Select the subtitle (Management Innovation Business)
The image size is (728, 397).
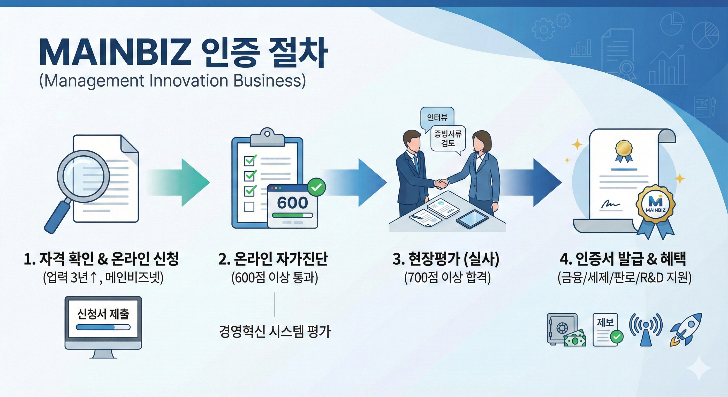172,81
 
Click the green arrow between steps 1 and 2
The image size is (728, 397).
184,182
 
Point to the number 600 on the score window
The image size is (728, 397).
292,203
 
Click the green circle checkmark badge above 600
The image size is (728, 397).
316,187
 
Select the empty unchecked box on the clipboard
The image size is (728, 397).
249,207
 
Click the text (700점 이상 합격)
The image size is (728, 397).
447,278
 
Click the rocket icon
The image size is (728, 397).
686,330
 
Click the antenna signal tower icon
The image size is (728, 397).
646,330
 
